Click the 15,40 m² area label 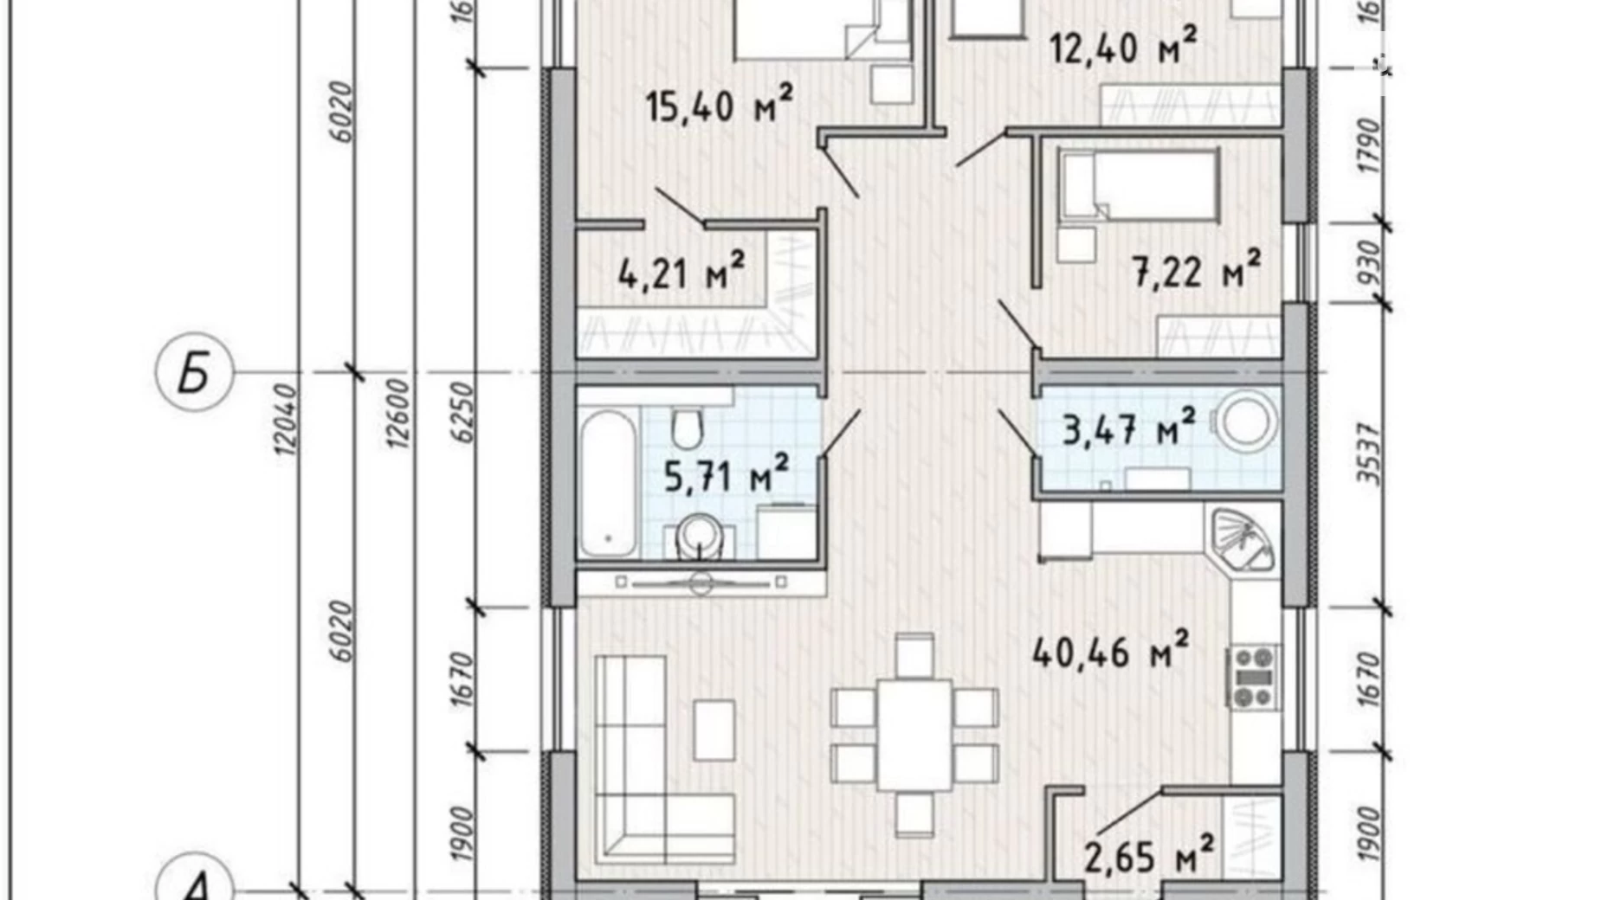coord(719,107)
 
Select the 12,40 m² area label coord(1123,47)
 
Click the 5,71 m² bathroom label coord(726,475)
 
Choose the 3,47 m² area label coord(1128,427)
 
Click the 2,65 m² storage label coord(1148,856)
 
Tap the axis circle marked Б coord(194,374)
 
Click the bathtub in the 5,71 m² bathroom coord(607,485)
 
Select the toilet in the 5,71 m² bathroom coord(688,427)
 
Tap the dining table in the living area coord(914,735)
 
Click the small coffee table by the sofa coord(714,730)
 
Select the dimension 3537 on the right coord(1368,453)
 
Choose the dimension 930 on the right coord(1368,264)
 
